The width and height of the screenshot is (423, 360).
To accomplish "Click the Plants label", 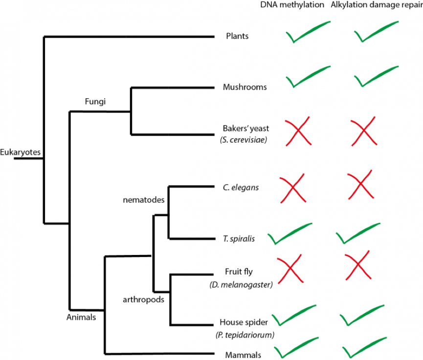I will coord(238,36).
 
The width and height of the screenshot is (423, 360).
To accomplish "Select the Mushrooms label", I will coord(245,87).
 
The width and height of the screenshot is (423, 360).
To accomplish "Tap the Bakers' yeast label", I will coord(245,128).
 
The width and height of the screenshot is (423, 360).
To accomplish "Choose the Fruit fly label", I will coord(238,272).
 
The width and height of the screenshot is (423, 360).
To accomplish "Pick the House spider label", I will coord(244,322).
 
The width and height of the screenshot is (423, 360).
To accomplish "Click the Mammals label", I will coord(242,355).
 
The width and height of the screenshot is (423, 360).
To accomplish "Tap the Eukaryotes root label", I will coord(20,152).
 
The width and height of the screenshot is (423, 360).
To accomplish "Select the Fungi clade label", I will coord(95,102).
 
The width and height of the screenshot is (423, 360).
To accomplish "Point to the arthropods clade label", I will coord(143,299).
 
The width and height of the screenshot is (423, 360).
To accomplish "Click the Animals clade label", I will coord(81,317).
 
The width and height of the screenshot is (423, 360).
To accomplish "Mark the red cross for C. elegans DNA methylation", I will coord(292,188).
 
